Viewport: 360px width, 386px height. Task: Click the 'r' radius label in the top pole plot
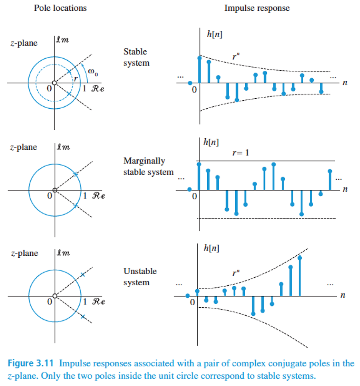point(75,78)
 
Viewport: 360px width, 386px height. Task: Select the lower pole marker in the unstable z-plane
point(82,316)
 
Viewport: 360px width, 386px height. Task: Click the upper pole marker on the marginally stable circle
point(76,174)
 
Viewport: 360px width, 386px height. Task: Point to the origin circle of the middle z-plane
point(55,190)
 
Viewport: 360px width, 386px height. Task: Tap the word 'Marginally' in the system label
point(144,161)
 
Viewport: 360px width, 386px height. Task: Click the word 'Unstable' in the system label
point(140,271)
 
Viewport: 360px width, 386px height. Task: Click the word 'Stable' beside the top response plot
point(136,52)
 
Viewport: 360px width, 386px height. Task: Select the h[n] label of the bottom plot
point(211,249)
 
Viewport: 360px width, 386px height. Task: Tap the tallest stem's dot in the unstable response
point(300,257)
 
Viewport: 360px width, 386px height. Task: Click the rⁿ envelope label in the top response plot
point(236,57)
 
